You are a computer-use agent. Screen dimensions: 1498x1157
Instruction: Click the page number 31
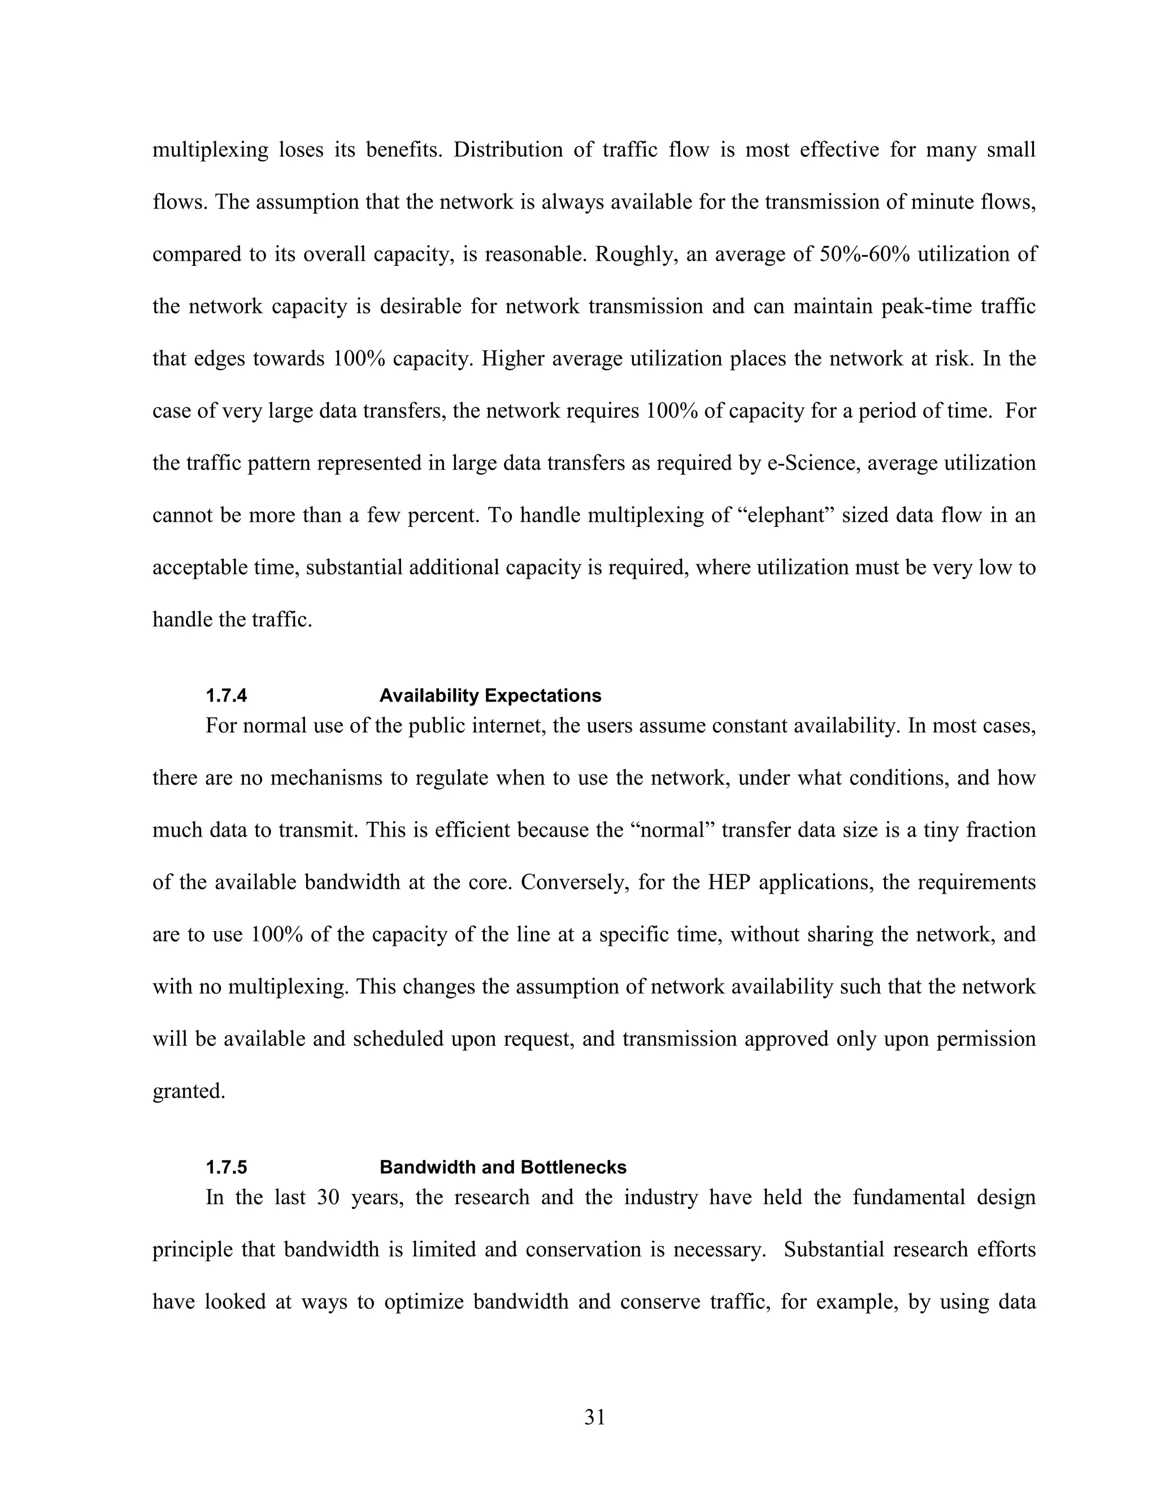coord(594,1417)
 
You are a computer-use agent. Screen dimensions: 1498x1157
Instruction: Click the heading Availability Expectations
coord(490,696)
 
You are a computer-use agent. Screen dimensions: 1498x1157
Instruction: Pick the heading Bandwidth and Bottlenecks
coord(502,1167)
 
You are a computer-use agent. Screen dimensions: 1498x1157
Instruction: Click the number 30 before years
coord(329,1198)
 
